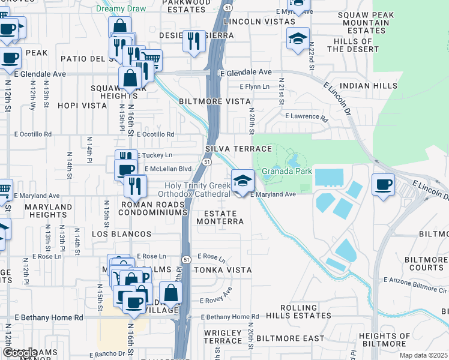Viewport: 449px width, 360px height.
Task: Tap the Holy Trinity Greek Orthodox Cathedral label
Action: point(194,190)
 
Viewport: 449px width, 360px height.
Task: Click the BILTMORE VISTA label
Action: point(214,101)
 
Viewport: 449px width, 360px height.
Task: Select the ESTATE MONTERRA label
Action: point(224,217)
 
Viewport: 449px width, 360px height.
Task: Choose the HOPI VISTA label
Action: point(82,105)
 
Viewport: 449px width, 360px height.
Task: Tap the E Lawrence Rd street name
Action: point(306,117)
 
